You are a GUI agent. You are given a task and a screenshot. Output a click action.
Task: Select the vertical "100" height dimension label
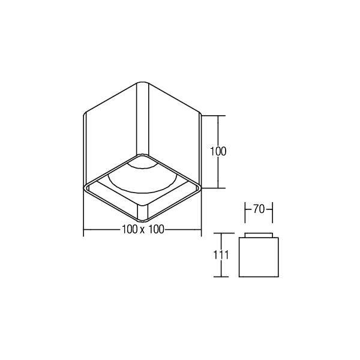coord(218,151)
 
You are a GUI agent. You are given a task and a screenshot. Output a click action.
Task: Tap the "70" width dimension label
coord(259,209)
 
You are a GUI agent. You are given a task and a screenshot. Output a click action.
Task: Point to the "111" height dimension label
coord(222,255)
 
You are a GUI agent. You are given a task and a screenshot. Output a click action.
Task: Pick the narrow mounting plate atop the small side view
coord(259,235)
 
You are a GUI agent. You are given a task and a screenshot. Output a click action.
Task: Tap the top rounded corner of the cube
coord(142,83)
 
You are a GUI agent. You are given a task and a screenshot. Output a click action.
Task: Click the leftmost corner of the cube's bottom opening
coord(85,187)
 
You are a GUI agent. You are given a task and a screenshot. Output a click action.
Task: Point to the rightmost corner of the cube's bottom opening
coord(200,187)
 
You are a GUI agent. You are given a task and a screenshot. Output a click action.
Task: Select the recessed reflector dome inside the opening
coord(142,177)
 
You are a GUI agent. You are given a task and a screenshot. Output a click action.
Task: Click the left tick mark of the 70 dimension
coord(247,210)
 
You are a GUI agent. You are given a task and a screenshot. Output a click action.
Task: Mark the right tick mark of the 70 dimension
coord(272,210)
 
